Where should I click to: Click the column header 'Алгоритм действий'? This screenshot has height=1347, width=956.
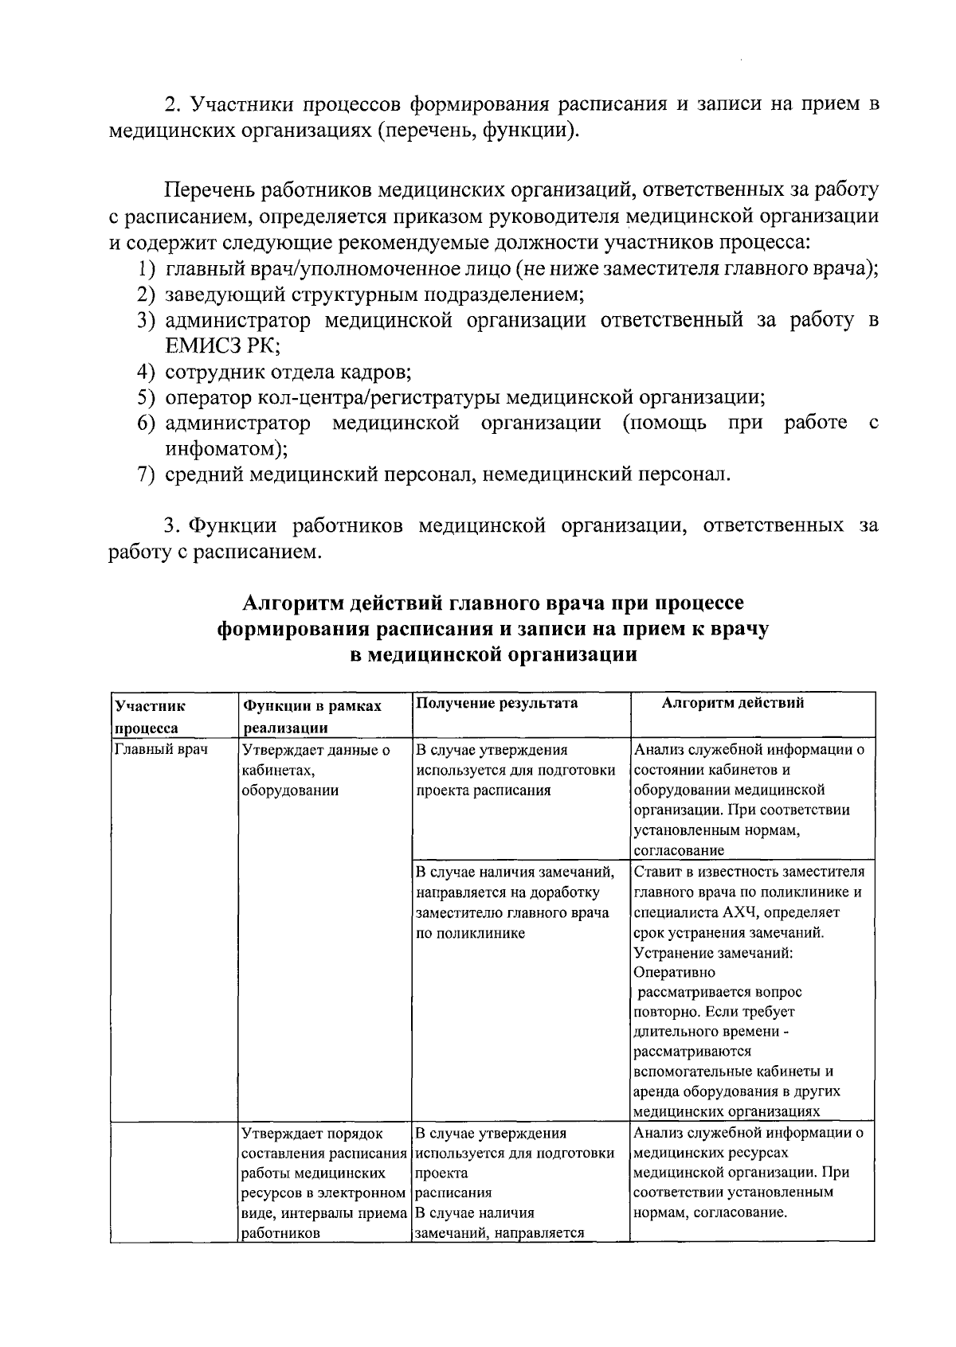point(733,703)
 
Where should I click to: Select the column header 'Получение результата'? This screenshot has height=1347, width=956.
point(496,703)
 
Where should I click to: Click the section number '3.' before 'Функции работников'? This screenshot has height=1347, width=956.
point(173,526)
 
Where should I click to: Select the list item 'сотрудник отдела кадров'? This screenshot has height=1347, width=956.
point(288,372)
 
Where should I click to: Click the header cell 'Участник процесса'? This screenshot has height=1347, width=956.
point(150,716)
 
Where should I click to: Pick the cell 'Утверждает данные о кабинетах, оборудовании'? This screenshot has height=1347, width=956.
point(315,770)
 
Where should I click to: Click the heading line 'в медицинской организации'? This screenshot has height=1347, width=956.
point(493,655)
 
